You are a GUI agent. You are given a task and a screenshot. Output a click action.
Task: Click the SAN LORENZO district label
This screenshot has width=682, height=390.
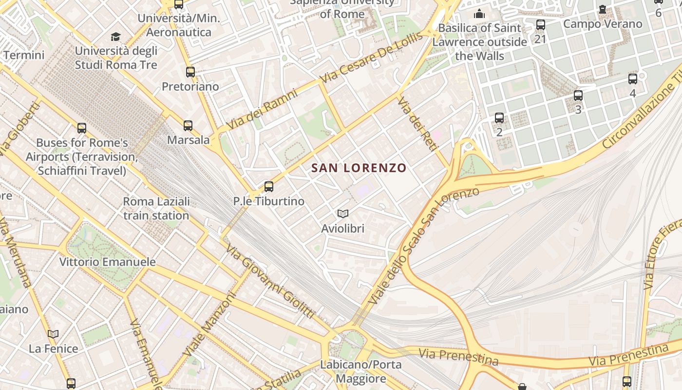(359, 168)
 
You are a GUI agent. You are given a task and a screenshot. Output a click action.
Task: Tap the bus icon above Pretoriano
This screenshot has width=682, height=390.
(190, 72)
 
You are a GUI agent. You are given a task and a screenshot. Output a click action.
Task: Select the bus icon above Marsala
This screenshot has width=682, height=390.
(188, 126)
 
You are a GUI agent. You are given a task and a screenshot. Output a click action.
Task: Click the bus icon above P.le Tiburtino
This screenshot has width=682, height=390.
(268, 187)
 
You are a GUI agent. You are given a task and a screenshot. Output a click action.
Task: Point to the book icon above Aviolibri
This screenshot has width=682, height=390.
(343, 214)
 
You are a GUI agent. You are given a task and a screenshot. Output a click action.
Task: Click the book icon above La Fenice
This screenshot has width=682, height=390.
(53, 334)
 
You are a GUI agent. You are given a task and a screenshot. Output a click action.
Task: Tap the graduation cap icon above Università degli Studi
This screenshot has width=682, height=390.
(115, 37)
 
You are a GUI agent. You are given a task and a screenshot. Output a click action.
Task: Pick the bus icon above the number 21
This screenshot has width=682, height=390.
(540, 25)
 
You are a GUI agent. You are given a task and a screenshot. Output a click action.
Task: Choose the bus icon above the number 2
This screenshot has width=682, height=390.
(499, 118)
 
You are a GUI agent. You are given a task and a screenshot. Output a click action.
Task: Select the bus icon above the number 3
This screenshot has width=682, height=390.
(578, 96)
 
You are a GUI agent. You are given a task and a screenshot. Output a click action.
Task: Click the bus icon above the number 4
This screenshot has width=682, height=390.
(633, 79)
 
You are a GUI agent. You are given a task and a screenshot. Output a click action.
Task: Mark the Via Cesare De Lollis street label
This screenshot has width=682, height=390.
(371, 58)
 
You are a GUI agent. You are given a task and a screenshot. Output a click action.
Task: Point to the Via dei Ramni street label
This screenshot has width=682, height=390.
(262, 109)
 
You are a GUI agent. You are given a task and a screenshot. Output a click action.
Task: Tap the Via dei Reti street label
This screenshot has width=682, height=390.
(415, 125)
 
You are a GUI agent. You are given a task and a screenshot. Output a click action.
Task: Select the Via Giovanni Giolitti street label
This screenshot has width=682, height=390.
(269, 281)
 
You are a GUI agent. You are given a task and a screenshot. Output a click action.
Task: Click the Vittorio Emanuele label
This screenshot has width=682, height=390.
(107, 262)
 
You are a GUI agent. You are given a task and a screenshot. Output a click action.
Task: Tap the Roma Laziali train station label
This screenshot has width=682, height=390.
(156, 208)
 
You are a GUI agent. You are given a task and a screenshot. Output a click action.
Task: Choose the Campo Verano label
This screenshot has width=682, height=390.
(603, 23)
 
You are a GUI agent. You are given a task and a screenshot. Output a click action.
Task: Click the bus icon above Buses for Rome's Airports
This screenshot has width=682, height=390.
(82, 128)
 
